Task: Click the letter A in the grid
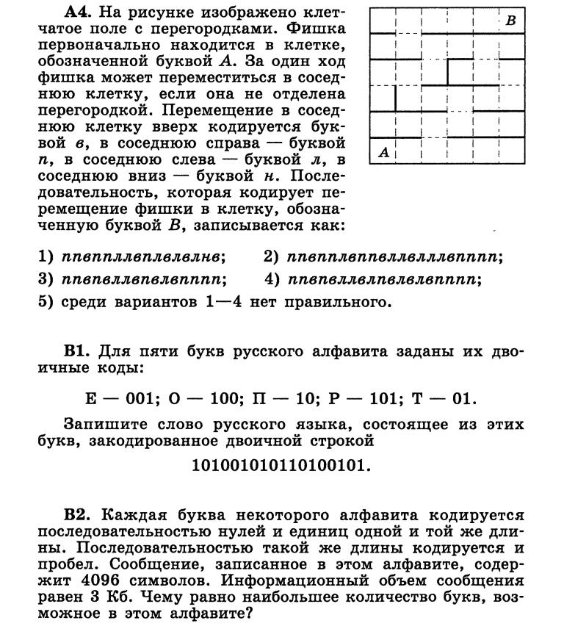tap(383, 153)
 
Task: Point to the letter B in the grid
tap(511, 21)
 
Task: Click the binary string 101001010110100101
tap(281, 465)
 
